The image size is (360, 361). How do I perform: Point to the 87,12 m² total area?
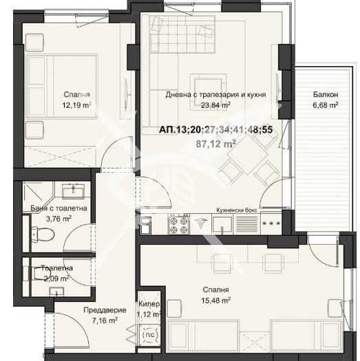tap(215, 144)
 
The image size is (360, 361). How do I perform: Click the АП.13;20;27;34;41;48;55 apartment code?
tap(215, 129)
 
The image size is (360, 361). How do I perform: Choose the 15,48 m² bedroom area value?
tap(215, 300)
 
